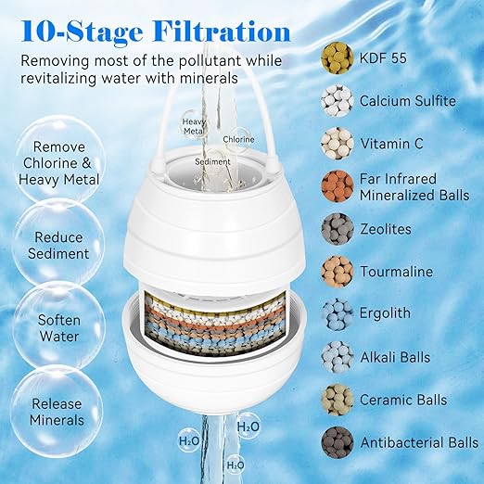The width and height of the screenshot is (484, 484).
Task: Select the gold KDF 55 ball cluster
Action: click(337, 57)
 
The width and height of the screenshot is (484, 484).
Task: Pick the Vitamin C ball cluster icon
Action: click(337, 143)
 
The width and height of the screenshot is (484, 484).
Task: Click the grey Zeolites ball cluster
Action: click(337, 228)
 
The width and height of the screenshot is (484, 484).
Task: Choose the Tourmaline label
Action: click(396, 272)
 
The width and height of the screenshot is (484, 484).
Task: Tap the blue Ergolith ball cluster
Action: click(337, 313)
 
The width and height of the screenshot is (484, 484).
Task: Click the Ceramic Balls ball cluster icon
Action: click(337, 399)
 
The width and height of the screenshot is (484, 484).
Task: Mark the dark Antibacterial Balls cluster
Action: click(337, 441)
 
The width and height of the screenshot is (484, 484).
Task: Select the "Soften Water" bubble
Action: click(57, 328)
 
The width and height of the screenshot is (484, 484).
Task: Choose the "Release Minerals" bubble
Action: click(57, 412)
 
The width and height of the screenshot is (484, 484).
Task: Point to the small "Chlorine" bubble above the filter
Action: click(238, 139)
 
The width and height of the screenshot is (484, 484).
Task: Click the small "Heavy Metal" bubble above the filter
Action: click(194, 126)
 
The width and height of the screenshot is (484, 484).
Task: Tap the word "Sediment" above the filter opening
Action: click(213, 160)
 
